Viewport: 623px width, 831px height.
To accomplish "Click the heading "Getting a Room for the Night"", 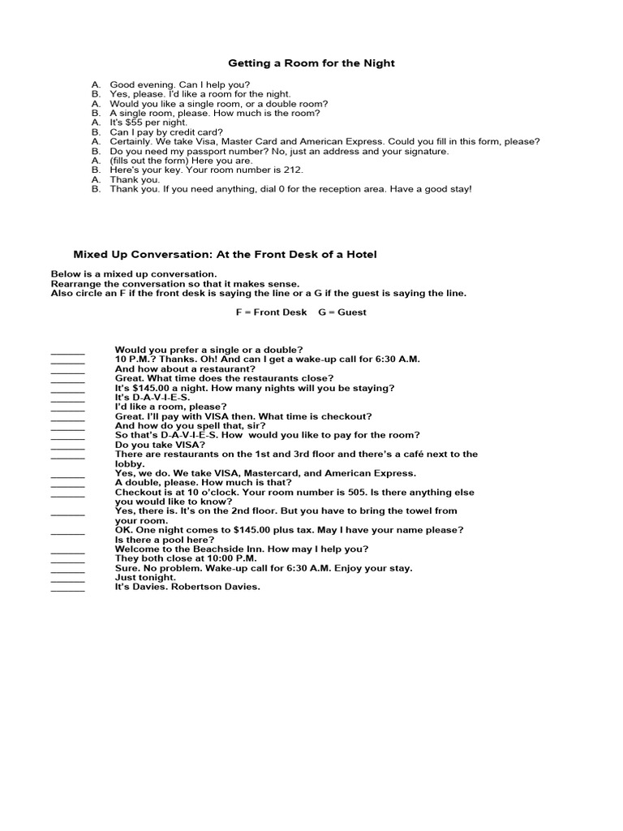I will (x=311, y=62).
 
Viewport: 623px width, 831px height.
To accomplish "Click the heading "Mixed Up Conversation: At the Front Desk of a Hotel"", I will (x=226, y=255).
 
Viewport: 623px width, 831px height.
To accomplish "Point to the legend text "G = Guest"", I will (x=343, y=312).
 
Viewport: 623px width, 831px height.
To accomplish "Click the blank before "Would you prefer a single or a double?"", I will (x=67, y=351).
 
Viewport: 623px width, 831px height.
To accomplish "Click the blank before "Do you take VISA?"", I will (x=67, y=446).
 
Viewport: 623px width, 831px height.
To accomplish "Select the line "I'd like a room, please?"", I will (x=171, y=407).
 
